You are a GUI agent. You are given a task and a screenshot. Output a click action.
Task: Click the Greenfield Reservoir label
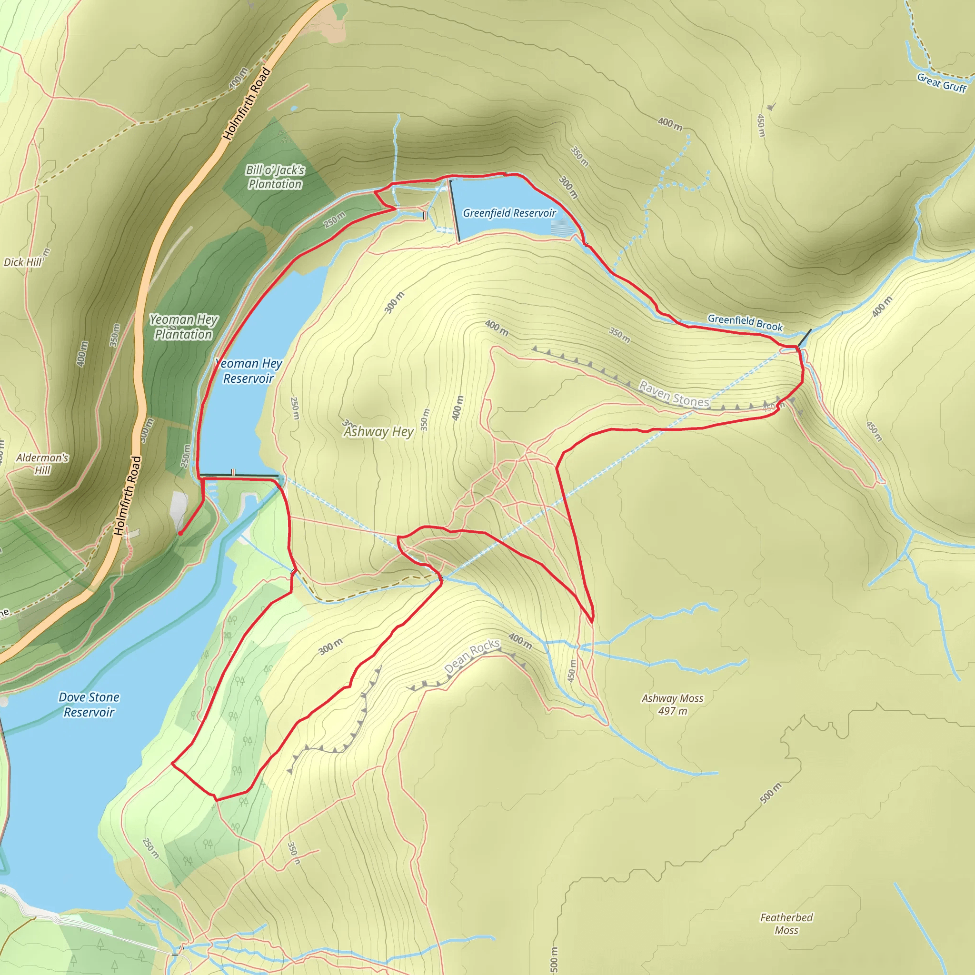pyautogui.click(x=509, y=213)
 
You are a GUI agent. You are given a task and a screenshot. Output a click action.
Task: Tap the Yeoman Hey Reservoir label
pyautogui.click(x=249, y=371)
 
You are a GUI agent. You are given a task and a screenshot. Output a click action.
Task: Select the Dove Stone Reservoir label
pyautogui.click(x=89, y=705)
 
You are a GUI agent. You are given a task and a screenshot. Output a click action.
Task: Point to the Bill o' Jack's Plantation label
pyautogui.click(x=275, y=177)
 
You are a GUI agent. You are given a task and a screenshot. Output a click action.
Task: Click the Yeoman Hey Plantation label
pyautogui.click(x=183, y=327)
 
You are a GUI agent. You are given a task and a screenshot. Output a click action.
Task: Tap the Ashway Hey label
pyautogui.click(x=378, y=431)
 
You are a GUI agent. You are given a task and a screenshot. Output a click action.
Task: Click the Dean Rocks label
pyautogui.click(x=472, y=656)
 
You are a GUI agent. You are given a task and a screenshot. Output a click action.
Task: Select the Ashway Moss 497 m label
pyautogui.click(x=672, y=705)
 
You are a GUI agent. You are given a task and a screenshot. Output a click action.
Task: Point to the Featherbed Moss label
pyautogui.click(x=786, y=924)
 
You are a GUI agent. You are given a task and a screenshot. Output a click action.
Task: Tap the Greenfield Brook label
pyautogui.click(x=745, y=322)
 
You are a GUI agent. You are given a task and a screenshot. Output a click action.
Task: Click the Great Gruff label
pyautogui.click(x=942, y=83)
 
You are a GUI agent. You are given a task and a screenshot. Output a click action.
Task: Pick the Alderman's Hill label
pyautogui.click(x=42, y=464)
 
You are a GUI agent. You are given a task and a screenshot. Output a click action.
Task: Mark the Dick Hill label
pyautogui.click(x=23, y=262)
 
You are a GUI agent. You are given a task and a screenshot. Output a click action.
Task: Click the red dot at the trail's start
pyautogui.click(x=180, y=533)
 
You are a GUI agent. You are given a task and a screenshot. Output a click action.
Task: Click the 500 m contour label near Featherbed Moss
pyautogui.click(x=770, y=793)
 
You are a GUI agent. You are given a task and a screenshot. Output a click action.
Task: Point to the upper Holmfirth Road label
pyautogui.click(x=247, y=104)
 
